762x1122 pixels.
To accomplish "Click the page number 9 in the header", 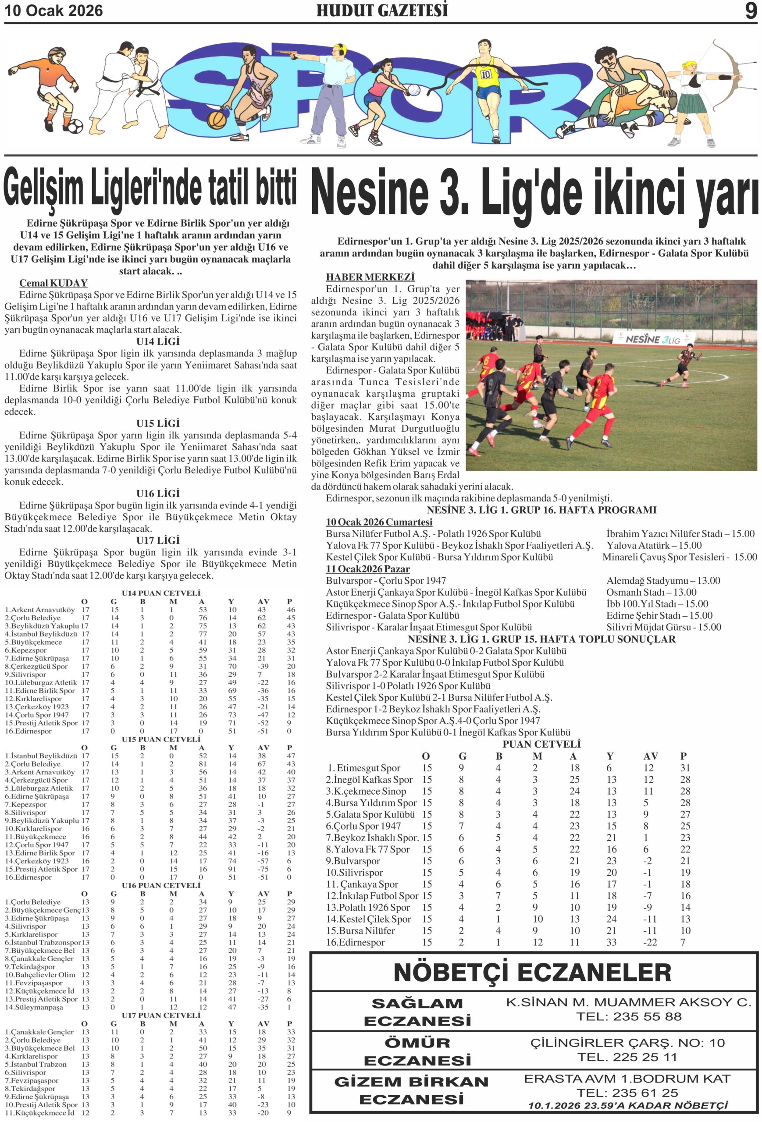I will coord(751,11).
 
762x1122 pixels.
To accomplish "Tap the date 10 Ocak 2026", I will coord(53,11).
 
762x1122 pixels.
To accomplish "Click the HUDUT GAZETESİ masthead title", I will coord(381,11).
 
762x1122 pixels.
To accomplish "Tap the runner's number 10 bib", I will coord(485,75).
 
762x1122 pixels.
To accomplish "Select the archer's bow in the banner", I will coord(729,72).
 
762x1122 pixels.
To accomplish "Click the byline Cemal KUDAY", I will coord(53,283).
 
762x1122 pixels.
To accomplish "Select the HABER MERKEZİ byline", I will coord(370,277).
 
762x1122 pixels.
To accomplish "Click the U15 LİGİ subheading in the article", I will coord(158,423).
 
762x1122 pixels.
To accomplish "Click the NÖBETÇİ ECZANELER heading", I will coord(532,972).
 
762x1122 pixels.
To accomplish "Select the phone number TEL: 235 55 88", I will coord(629,1016).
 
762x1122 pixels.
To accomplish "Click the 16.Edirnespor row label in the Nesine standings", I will coord(356,942).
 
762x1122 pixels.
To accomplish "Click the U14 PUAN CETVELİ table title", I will coord(161,593).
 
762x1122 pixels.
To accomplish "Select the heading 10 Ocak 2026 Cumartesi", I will coord(379,522).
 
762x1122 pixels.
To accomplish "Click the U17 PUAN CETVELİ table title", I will coord(161,1015).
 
